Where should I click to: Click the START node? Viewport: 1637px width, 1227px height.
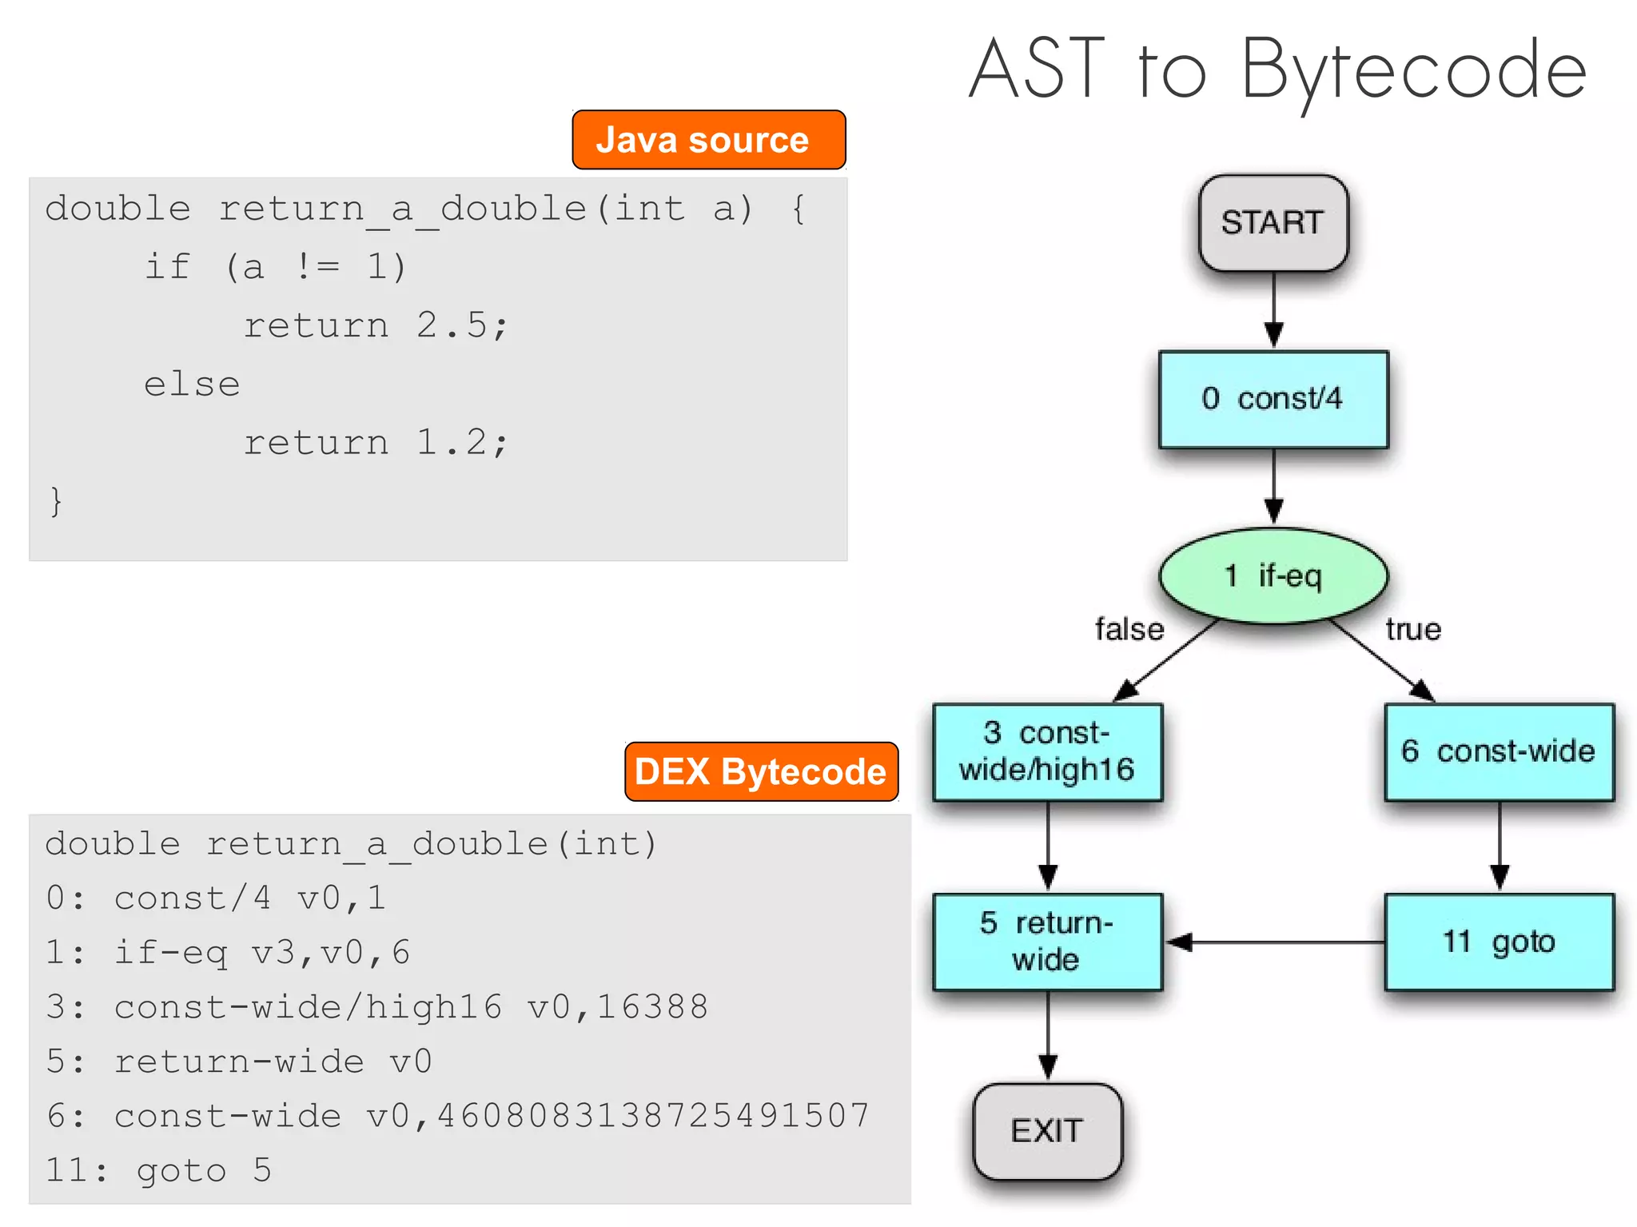[x=1273, y=223]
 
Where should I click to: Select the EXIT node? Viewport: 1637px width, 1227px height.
[x=1047, y=1131]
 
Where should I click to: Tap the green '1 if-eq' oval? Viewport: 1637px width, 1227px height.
[x=1273, y=576]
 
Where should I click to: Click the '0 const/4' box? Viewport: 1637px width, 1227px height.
[x=1273, y=399]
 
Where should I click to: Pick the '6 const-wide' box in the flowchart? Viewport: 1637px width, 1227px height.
[x=1499, y=751]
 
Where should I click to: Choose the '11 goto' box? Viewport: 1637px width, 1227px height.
[x=1499, y=942]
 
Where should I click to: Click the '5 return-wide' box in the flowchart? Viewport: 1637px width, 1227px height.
[x=1047, y=942]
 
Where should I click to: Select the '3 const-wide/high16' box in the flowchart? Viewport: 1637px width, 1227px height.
[x=1047, y=751]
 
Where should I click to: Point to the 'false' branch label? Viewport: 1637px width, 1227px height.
[x=1129, y=630]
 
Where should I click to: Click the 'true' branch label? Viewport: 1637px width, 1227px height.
[x=1413, y=630]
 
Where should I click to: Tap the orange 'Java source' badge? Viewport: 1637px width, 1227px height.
[x=708, y=140]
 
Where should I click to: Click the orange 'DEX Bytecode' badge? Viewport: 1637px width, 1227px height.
[x=761, y=771]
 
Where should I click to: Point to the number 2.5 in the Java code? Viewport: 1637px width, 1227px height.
[x=452, y=325]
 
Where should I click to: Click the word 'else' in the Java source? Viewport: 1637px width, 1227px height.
[x=192, y=384]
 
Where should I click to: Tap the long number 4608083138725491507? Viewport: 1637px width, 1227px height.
[x=653, y=1116]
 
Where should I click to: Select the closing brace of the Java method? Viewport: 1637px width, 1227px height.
[x=55, y=501]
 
